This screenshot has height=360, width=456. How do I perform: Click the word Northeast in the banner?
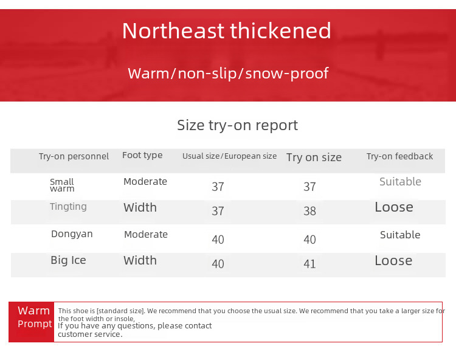[173, 31]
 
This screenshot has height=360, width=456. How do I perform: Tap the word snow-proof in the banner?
[287, 74]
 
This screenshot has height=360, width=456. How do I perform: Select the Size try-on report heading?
[237, 125]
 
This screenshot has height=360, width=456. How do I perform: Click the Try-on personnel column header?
[74, 156]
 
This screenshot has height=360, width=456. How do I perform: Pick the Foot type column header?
[142, 155]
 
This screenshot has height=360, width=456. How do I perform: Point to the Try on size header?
[314, 157]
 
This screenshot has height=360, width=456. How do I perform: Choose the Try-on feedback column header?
[399, 156]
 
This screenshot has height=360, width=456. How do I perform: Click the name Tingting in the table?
[68, 207]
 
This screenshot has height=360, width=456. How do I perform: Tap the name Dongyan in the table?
[72, 234]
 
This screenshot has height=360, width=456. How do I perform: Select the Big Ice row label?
[68, 260]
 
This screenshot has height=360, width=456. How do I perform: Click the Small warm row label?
[62, 185]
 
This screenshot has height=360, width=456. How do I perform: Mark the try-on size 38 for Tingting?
[309, 211]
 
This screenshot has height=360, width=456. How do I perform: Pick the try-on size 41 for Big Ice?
[309, 264]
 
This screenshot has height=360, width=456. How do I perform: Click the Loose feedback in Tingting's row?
[394, 207]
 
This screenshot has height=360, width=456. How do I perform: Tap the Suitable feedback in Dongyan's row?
[400, 235]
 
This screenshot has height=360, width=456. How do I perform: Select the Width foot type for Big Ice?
[140, 260]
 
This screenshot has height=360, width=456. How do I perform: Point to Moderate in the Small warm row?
[145, 181]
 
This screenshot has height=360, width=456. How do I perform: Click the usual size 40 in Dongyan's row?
[218, 240]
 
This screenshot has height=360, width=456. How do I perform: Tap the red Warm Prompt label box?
[32, 322]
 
